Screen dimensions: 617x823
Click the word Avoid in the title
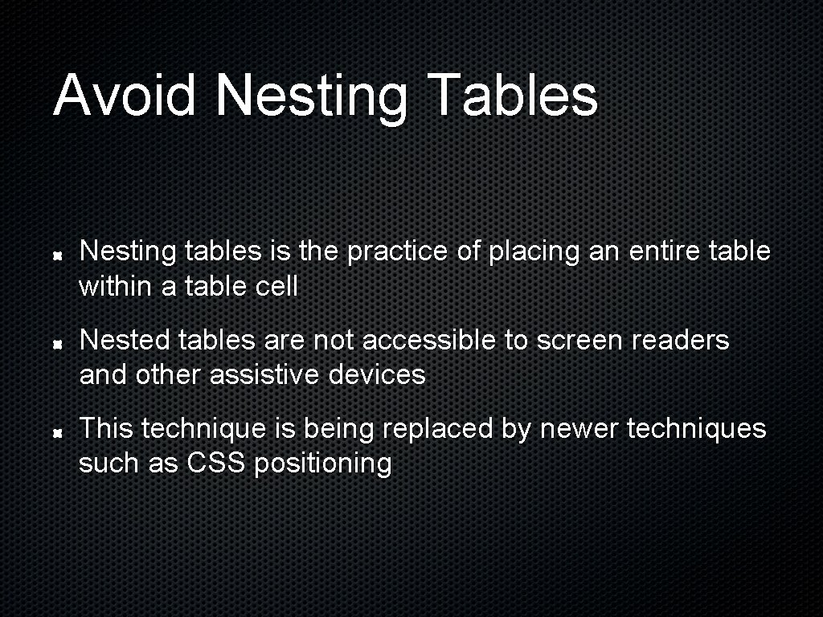124,94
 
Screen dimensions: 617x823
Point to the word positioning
323,464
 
